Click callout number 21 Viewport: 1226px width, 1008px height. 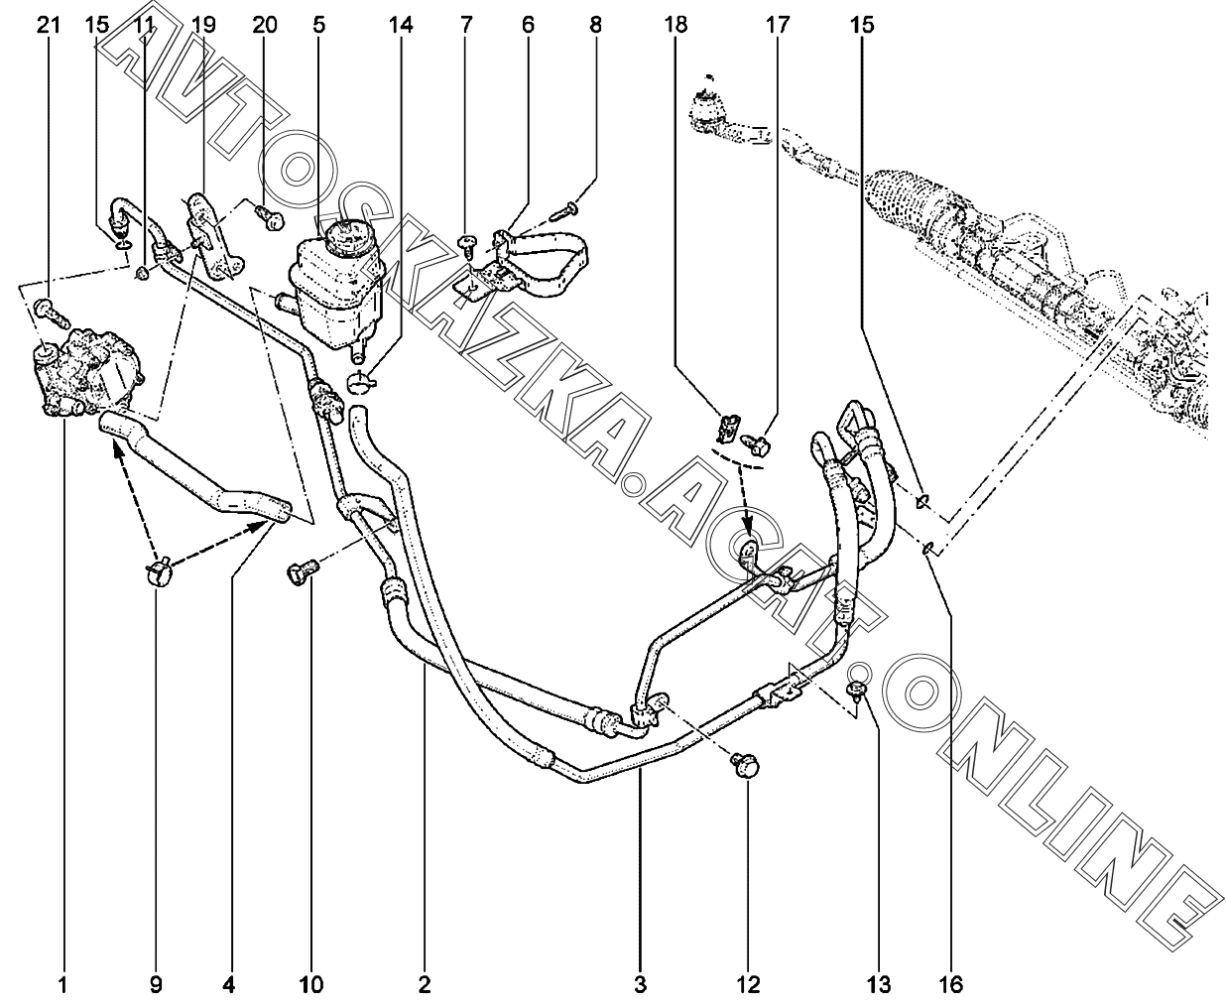49,26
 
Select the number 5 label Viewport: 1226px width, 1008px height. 318,26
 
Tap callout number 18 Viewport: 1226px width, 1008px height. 675,26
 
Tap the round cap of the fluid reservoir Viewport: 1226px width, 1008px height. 347,238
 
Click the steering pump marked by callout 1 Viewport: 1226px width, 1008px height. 87,372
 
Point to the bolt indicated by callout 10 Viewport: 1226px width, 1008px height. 303,570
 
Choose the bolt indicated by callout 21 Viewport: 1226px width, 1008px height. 53,313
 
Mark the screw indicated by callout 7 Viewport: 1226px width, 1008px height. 467,244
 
